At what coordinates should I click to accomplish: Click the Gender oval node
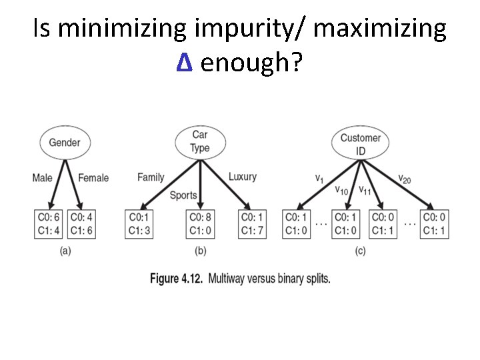pos(65,142)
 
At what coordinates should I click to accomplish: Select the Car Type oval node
pos(200,142)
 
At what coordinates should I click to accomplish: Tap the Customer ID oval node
pos(360,144)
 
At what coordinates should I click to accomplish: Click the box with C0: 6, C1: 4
pos(49,224)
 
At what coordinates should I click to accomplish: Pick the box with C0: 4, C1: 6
pos(83,224)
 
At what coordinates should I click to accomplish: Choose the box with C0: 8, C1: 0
pos(200,224)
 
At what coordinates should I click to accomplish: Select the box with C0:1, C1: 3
pos(140,224)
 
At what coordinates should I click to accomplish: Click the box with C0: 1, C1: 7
pos(252,224)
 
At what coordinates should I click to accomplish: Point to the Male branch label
pos(42,178)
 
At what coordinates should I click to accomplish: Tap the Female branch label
pos(93,178)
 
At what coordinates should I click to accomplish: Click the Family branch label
pos(151,177)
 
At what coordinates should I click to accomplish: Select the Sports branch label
pos(183,195)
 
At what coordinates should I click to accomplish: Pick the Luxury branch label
pos(243,177)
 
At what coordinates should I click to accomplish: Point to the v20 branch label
pos(405,179)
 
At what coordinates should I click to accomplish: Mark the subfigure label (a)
pos(65,251)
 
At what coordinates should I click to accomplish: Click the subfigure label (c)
pos(360,251)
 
